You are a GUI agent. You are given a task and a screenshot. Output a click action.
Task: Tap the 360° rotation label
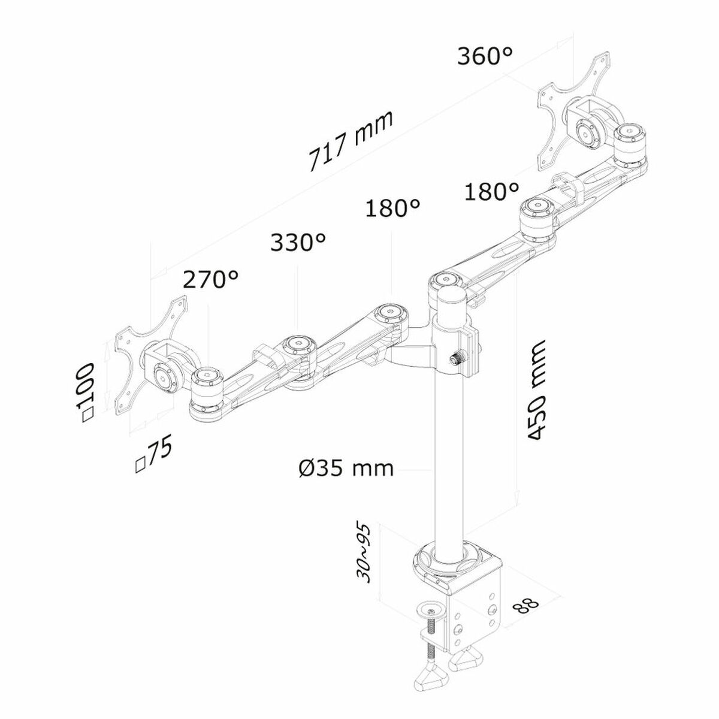(x=485, y=57)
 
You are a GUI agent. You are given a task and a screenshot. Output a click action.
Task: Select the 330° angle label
(x=298, y=243)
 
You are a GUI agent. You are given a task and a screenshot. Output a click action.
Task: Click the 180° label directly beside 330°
(x=392, y=209)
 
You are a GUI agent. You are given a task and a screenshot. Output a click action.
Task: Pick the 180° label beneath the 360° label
(x=492, y=192)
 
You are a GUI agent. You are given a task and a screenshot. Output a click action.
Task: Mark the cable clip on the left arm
(x=264, y=355)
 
